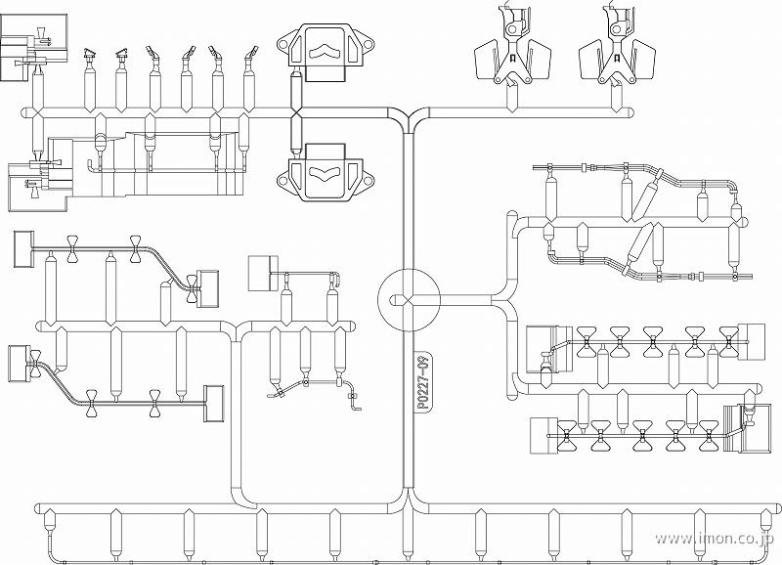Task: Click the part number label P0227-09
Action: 423,382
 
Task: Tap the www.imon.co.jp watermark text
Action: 716,539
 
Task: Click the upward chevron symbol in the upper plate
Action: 324,52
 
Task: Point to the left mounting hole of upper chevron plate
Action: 282,44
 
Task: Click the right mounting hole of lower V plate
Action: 368,180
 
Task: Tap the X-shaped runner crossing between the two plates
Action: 296,113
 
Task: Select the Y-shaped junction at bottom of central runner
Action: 409,501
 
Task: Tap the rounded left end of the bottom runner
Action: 38,508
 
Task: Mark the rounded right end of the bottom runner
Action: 777,508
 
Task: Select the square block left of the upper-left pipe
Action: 22,249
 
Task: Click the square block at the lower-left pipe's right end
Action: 213,404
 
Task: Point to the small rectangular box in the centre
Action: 263,273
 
